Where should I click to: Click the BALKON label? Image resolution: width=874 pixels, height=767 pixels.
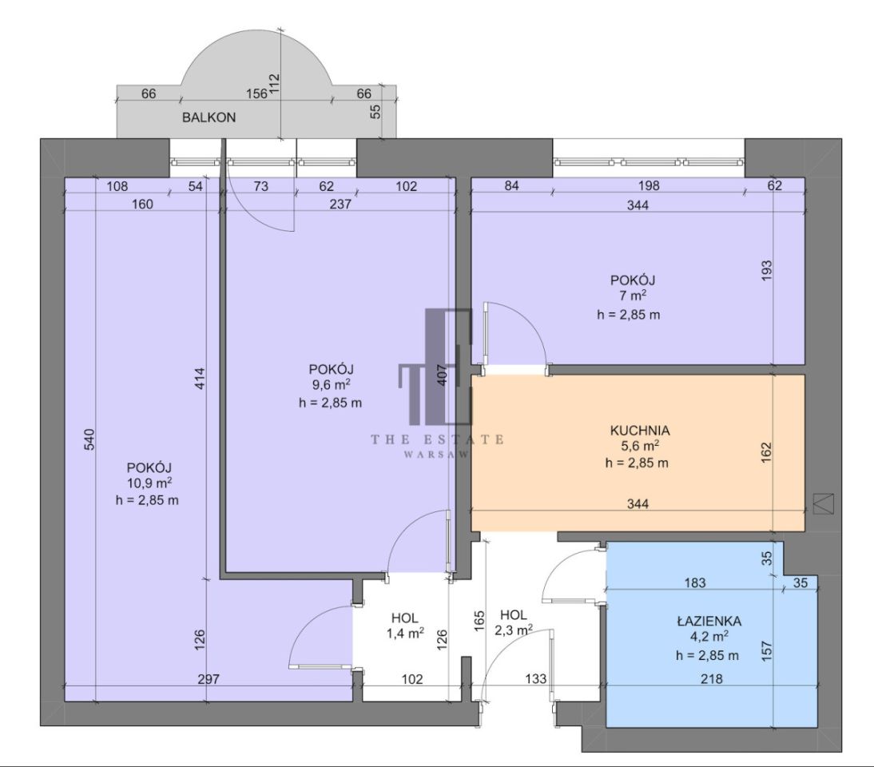click(x=209, y=117)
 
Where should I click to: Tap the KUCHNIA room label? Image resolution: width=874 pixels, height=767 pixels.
click(x=640, y=431)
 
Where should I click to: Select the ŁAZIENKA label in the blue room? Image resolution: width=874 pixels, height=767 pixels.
click(x=709, y=621)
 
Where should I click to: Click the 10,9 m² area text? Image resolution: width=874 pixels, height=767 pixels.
click(x=149, y=483)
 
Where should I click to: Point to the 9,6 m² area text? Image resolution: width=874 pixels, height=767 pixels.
click(x=331, y=384)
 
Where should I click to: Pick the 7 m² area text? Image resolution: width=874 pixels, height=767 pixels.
click(x=633, y=296)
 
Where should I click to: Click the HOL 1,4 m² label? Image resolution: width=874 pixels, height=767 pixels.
click(x=405, y=626)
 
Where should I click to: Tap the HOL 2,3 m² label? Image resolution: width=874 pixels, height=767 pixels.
click(x=514, y=622)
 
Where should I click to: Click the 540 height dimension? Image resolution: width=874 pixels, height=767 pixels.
click(x=89, y=439)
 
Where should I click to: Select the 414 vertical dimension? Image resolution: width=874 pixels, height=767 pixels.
click(x=200, y=379)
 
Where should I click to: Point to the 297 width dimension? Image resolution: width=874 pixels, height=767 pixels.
click(x=209, y=679)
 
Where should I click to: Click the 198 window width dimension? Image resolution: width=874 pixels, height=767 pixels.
click(x=649, y=185)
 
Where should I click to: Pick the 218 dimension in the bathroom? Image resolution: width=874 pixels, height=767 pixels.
click(x=712, y=679)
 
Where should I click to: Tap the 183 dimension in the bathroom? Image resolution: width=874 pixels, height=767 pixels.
click(x=694, y=582)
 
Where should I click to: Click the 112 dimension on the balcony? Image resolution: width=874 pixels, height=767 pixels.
click(x=274, y=85)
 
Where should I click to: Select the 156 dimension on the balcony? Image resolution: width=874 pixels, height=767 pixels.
click(x=257, y=93)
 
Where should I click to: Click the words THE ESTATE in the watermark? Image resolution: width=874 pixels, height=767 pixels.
click(x=438, y=439)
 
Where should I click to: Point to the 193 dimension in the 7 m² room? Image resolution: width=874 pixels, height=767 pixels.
click(x=767, y=270)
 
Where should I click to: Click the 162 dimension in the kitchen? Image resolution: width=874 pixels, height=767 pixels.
click(x=767, y=452)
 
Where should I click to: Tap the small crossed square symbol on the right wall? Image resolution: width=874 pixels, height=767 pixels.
click(x=824, y=503)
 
